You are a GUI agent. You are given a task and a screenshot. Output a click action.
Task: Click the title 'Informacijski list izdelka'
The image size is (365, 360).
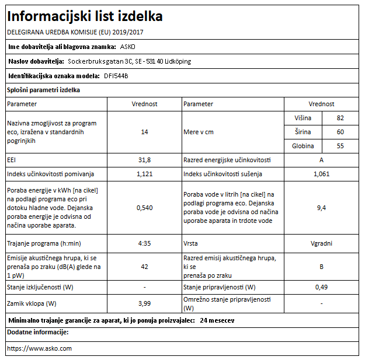pos(85,16)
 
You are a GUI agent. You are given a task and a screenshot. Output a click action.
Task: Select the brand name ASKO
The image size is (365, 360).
pos(127,46)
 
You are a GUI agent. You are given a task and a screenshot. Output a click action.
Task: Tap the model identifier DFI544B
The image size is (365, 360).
pos(116,76)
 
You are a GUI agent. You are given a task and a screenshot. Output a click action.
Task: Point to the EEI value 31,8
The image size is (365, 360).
pos(144,160)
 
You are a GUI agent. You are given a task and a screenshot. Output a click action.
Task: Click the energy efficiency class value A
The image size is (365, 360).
pos(321,160)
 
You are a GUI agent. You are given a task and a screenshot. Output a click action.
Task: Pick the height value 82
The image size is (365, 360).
pos(340,118)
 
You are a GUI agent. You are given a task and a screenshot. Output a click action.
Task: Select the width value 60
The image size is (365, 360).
pos(340,132)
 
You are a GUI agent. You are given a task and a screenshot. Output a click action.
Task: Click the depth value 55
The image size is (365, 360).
pos(340,146)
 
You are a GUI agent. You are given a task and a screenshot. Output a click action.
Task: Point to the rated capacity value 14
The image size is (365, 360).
pos(144,132)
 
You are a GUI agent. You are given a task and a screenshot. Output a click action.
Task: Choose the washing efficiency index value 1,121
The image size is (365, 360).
pos(144,174)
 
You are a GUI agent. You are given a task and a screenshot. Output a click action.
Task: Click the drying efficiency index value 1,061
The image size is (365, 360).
pos(321,174)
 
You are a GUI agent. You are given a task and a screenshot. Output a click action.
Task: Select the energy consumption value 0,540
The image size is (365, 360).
pos(144,207)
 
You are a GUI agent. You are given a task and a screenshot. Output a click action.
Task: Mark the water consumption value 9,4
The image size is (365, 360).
pos(321,207)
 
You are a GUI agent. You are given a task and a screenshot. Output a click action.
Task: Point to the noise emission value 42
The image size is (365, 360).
pos(144,266)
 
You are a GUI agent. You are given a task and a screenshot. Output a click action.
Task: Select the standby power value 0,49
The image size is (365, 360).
pos(321,287)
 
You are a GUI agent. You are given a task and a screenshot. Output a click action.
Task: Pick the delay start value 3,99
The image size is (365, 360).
pos(144,303)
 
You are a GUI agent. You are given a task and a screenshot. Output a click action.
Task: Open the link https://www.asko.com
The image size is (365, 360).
pos(39,348)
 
